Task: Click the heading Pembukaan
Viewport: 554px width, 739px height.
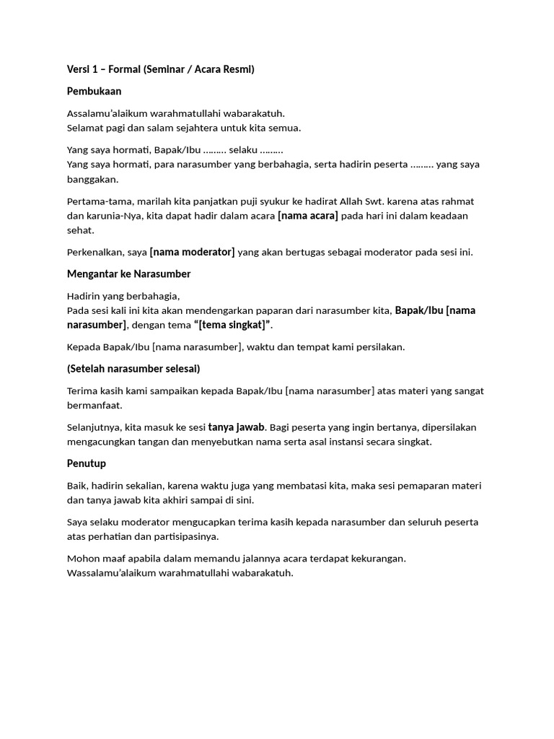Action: (94, 92)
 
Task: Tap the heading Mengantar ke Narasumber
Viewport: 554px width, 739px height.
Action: (128, 274)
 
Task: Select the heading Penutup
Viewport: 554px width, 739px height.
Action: (87, 463)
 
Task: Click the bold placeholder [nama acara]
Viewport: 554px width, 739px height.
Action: (308, 216)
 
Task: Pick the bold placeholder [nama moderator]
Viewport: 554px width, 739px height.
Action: (192, 252)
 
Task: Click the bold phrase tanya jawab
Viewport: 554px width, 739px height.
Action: (236, 427)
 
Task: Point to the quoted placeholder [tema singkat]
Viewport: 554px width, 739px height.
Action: (233, 325)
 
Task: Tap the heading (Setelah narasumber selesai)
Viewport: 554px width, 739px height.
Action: (133, 369)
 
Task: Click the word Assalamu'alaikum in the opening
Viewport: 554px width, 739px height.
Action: (110, 113)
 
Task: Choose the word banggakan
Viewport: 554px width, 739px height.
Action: (92, 179)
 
